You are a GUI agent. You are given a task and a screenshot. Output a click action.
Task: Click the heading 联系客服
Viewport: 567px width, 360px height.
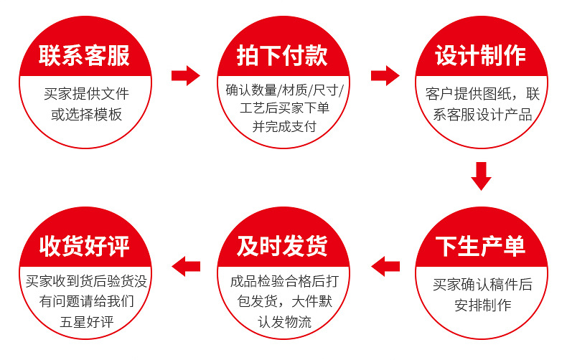(84, 56)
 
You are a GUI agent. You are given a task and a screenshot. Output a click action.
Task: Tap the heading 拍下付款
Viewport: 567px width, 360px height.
(282, 56)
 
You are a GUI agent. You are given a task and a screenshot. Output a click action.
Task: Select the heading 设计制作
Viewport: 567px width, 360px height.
(481, 56)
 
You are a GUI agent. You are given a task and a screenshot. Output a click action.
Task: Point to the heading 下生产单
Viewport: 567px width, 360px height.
(481, 246)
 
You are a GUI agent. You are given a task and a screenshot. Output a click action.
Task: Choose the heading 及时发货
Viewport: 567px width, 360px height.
(282, 246)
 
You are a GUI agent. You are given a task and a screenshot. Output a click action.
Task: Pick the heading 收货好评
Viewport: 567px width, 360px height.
(84, 246)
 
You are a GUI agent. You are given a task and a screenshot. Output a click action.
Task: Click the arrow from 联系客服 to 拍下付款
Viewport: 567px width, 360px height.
(185, 75)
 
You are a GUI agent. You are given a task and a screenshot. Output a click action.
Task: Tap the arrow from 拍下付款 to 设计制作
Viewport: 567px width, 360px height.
(385, 75)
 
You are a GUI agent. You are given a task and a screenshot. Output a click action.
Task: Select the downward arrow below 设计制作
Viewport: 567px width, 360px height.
(481, 176)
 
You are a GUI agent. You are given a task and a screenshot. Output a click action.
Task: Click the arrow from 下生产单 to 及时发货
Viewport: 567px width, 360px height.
(385, 266)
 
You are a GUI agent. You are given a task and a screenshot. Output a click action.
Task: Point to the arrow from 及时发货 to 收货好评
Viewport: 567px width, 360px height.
(186, 266)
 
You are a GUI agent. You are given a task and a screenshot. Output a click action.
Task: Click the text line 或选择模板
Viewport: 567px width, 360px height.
(86, 115)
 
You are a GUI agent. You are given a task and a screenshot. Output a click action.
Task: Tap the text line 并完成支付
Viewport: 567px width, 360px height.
(284, 126)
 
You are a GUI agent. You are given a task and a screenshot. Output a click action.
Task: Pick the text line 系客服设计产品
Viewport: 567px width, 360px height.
(482, 115)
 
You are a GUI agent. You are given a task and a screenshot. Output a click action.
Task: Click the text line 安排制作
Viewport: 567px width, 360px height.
(483, 305)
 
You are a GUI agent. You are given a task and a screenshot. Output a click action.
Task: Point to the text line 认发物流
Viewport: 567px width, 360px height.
(285, 322)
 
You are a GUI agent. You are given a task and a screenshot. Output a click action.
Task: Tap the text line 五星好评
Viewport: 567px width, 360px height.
(87, 322)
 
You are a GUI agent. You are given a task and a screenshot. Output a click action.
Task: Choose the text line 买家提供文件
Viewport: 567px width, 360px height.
(86, 94)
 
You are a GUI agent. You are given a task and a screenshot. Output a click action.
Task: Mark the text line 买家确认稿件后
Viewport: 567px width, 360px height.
(482, 285)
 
